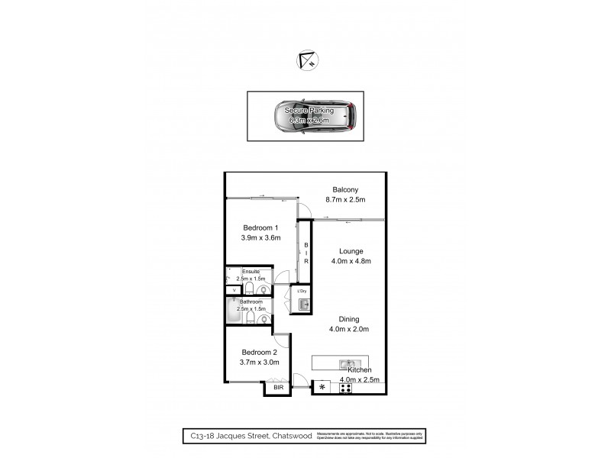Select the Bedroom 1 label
(x=260, y=228)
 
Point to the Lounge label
(x=351, y=250)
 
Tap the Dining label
(x=351, y=319)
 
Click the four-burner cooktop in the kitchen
(x=346, y=386)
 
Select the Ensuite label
(x=251, y=272)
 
